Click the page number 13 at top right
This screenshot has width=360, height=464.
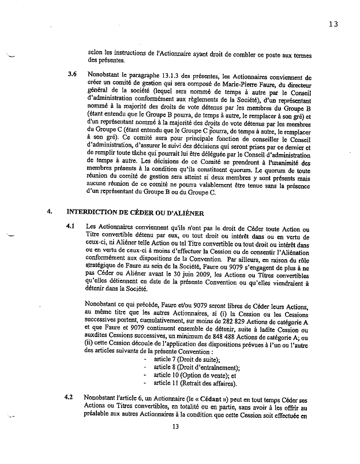333,24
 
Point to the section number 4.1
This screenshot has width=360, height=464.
72,226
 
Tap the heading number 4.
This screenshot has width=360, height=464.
50,212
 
